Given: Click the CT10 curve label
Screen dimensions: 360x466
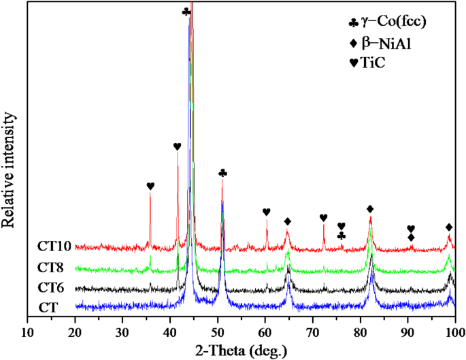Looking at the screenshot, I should point(53,246).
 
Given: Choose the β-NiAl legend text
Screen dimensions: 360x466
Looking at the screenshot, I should point(386,43).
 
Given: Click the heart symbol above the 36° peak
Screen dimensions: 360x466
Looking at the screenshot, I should point(150,186).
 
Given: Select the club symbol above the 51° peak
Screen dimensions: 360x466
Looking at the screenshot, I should point(222,174).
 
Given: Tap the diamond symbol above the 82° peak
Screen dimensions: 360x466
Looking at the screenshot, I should point(370,208).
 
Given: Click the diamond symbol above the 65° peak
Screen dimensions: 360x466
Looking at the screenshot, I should point(288,221).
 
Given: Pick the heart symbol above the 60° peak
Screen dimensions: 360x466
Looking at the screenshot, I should point(267,212).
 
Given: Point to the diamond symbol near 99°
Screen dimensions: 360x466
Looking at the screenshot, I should point(449,227).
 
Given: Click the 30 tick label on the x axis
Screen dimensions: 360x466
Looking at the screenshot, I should point(122,333).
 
